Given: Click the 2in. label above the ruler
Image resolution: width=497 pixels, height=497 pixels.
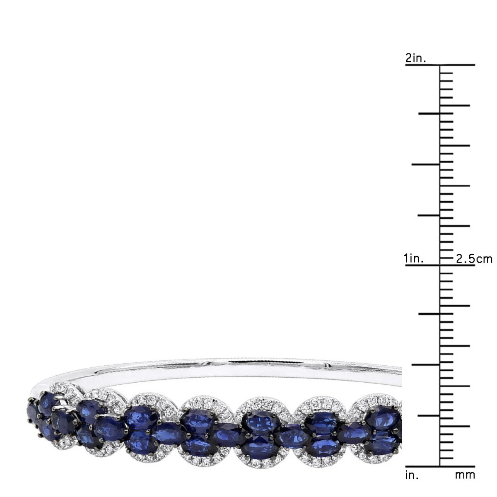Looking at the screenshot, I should click(x=416, y=58).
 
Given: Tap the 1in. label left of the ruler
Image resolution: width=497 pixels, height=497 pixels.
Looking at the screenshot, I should click(x=414, y=259).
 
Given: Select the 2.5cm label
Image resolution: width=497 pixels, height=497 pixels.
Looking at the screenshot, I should click(x=474, y=259).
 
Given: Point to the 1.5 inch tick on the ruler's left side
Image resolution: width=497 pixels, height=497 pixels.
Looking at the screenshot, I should click(x=426, y=165).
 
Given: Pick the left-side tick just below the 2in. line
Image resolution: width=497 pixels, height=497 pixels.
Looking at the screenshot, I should click(x=429, y=113).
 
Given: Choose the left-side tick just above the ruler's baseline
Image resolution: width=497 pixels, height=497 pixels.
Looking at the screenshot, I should click(x=429, y=415).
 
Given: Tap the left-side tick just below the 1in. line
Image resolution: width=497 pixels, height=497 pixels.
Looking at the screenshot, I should click(x=429, y=314).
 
